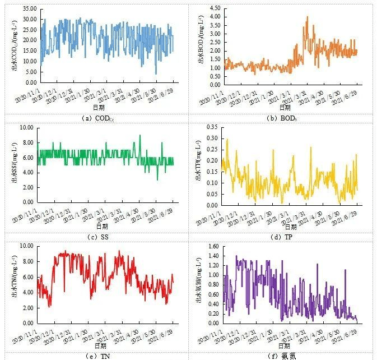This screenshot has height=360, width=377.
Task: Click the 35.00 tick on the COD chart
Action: (x=28, y=10)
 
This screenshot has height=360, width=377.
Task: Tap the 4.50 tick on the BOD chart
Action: (x=215, y=8)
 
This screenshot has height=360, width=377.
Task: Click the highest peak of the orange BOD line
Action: (x=307, y=17)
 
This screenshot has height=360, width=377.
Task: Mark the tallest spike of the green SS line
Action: (x=140, y=135)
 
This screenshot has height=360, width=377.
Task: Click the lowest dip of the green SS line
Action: (x=157, y=179)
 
